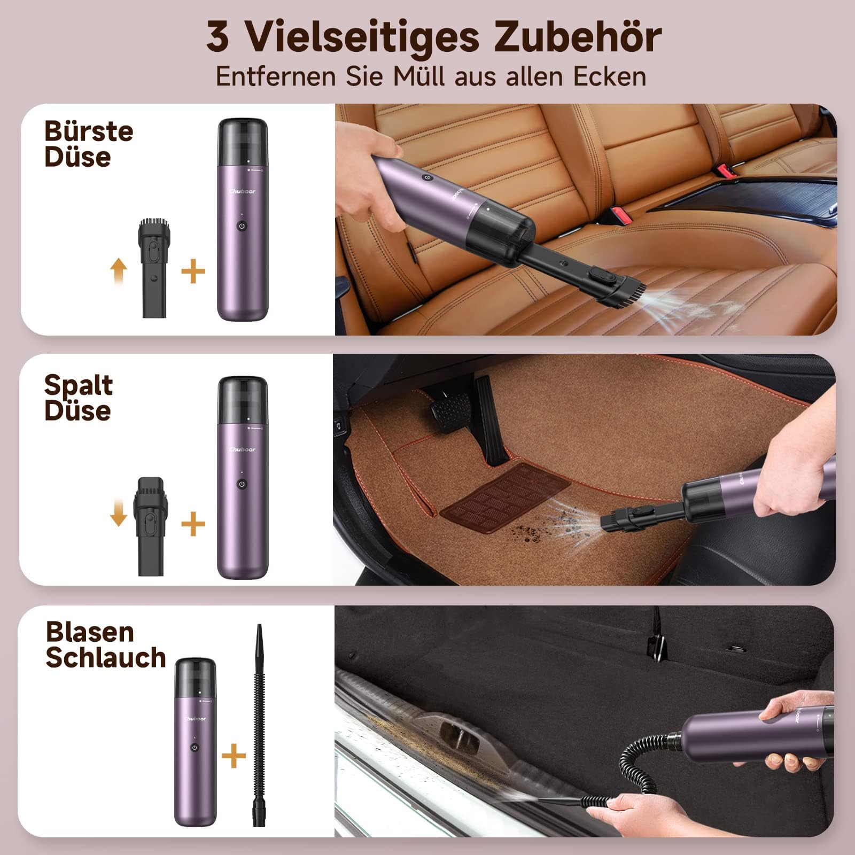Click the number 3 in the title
click(x=217, y=37)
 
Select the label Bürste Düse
click(x=89, y=144)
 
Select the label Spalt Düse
click(x=79, y=398)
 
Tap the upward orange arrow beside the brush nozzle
click(x=119, y=271)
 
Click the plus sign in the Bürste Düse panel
click(x=193, y=272)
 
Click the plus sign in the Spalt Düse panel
click(x=193, y=524)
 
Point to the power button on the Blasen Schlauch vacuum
click(x=195, y=748)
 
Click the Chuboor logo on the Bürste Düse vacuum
click(x=242, y=191)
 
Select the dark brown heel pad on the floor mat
click(x=506, y=497)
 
